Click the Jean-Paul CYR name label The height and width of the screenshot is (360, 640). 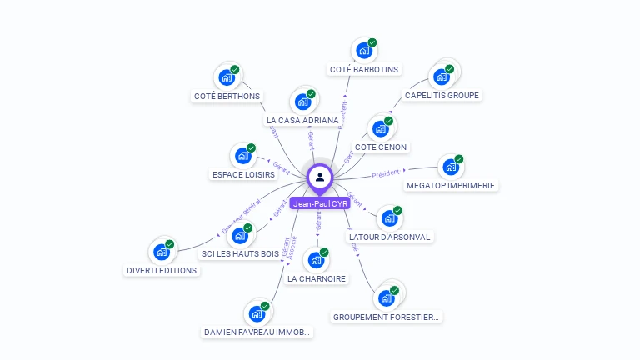pos(320,203)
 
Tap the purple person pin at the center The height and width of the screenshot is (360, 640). pos(320,177)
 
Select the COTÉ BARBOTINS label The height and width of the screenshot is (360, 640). pos(364,69)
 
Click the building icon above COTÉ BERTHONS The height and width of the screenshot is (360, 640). pos(227,77)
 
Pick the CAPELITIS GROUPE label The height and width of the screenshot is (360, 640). pos(442,96)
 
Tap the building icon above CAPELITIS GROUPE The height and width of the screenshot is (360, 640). pos(441,77)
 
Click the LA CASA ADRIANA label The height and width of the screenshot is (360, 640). pos(302,121)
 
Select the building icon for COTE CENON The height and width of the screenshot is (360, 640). pos(381,128)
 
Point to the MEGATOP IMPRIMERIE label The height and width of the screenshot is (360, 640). pos(451,185)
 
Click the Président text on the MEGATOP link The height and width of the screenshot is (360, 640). pos(386,174)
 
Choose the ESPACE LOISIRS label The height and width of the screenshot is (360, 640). pos(243,175)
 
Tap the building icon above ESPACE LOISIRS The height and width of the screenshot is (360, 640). pos(243,156)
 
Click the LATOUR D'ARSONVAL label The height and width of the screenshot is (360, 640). pos(390,237)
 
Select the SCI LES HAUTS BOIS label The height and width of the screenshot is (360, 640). pos(240,253)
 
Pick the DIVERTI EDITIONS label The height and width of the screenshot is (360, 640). pos(162,270)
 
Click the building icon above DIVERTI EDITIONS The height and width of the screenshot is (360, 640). pos(161,251)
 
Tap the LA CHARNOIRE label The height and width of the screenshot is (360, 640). pos(317,278)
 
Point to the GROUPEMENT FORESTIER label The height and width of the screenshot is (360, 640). pos(387,317)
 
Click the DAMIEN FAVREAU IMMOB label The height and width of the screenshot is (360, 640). pos(257,332)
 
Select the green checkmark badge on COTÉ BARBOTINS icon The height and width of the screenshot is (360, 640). pos(372,42)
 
